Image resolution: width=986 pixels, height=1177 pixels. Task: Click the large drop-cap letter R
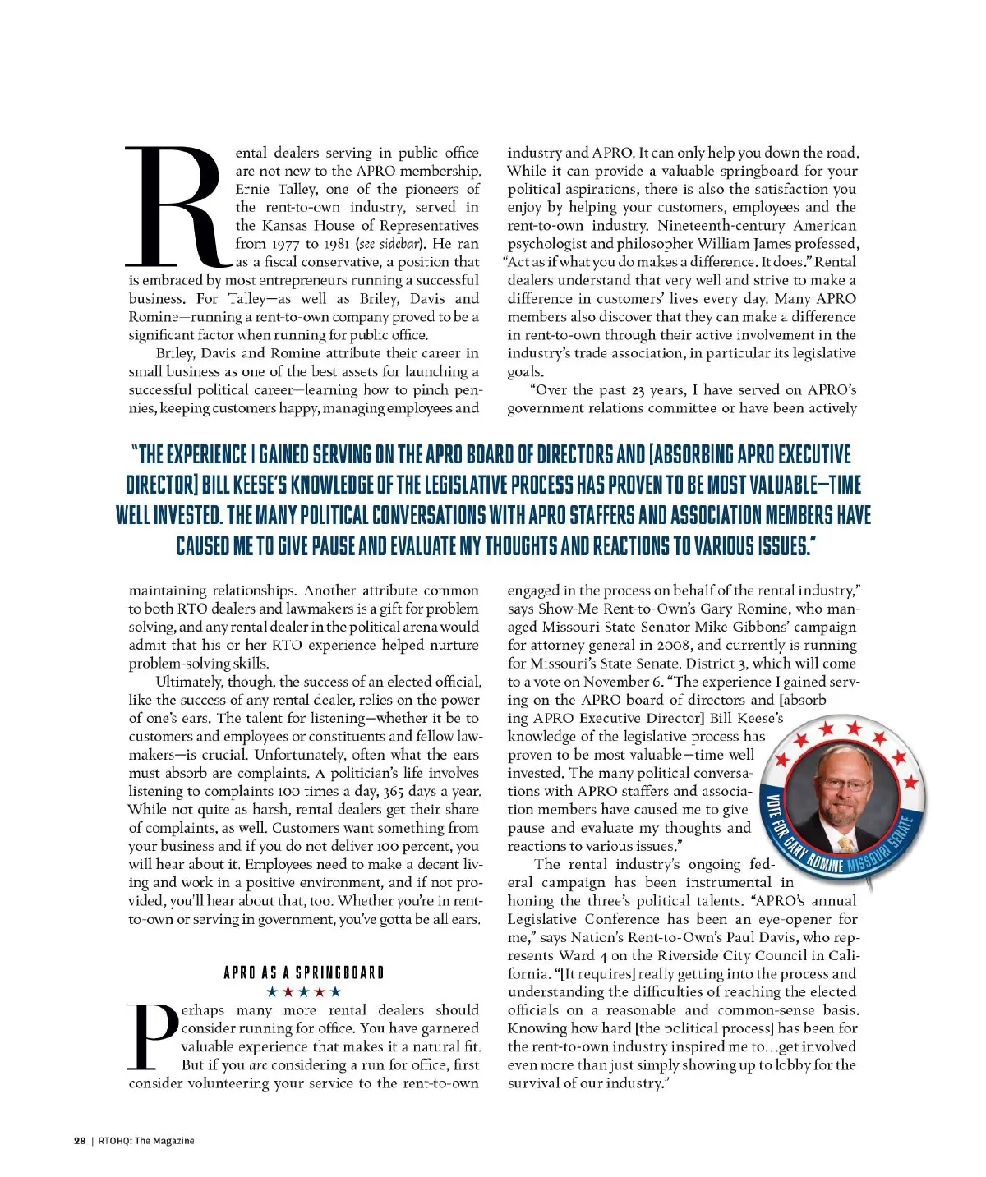pos(174,206)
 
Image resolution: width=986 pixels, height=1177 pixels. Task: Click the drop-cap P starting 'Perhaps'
pos(153,1036)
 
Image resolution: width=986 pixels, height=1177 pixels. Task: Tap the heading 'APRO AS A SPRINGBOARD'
pos(303,973)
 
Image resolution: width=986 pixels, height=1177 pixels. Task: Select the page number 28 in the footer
pos(80,1140)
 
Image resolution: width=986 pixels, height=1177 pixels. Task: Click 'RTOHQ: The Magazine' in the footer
pos(146,1140)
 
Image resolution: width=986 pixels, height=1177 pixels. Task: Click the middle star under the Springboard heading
pos(303,992)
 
